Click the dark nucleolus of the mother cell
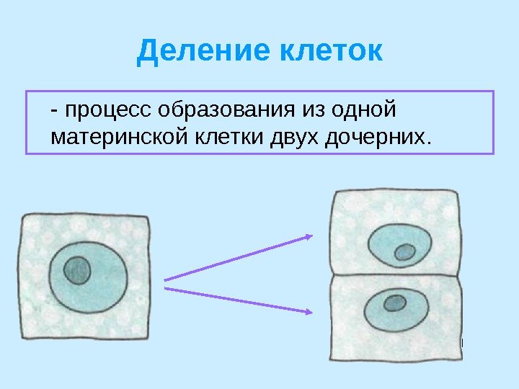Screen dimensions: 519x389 [x=76, y=271]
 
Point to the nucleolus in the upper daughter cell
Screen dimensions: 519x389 [x=405, y=252]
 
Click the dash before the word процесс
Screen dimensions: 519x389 [x=56, y=112]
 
